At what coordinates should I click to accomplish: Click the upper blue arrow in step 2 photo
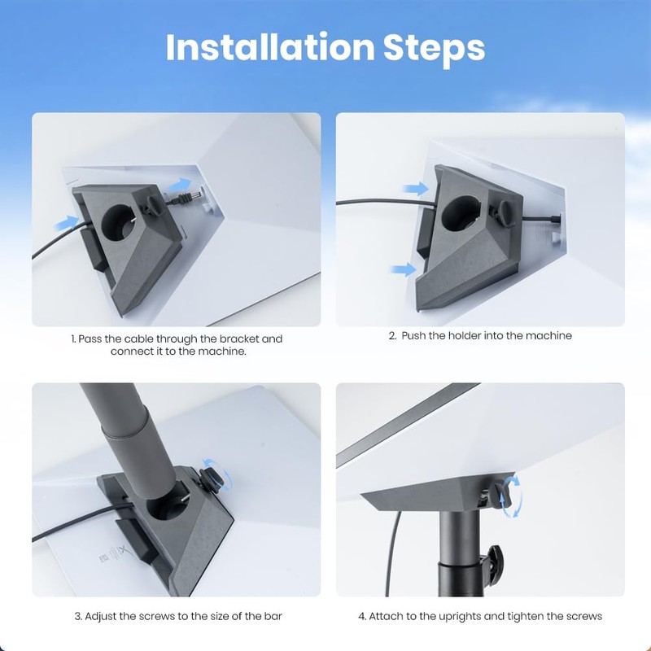[x=416, y=189]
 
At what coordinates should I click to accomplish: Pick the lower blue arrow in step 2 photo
[x=404, y=269]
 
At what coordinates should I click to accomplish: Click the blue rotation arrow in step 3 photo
[x=212, y=470]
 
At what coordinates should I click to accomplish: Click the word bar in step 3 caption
[x=273, y=616]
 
